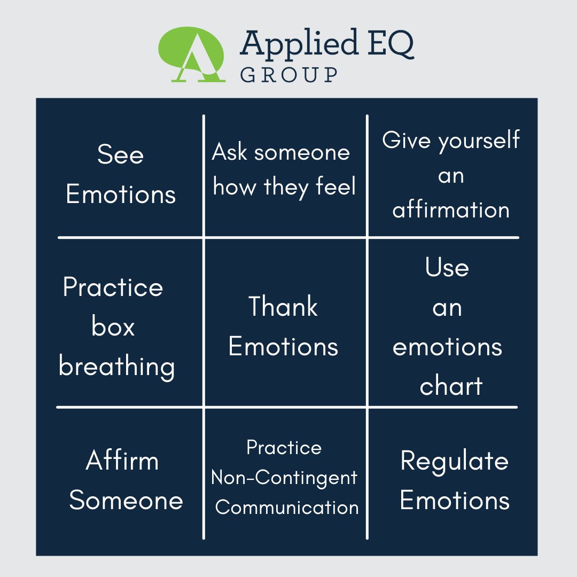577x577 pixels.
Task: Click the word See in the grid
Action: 120,155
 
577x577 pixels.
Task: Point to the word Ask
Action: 230,153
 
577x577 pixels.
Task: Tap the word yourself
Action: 479,140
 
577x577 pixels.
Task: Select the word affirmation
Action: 451,209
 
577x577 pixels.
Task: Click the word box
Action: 113,327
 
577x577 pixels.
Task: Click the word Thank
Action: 283,307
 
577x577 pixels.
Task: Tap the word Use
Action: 447,267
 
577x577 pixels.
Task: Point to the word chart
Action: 451,386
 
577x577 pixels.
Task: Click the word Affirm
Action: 122,461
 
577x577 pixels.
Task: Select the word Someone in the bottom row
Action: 126,501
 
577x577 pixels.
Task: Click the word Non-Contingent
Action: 284,477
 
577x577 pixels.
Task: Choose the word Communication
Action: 287,507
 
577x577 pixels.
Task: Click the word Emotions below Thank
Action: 283,347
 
